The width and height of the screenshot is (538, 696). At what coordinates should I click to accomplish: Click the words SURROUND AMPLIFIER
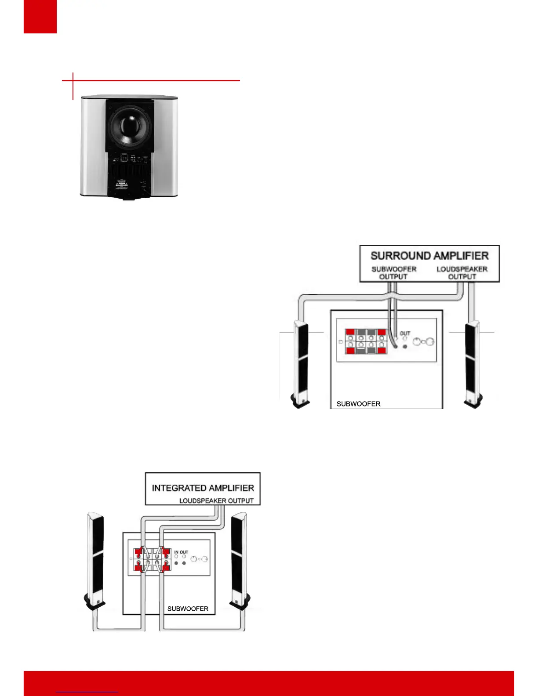pos(429,256)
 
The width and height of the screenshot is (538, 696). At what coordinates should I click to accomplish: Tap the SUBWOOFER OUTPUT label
pos(394,273)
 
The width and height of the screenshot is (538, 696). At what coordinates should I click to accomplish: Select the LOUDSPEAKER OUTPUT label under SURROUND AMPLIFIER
pos(462,273)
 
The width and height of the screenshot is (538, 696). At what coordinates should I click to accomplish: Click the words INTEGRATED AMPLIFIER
pos(203,488)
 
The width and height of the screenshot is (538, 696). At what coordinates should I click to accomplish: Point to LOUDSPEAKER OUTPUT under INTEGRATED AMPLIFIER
pos(216,501)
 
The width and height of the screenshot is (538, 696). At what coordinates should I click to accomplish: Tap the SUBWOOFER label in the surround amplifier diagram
pos(358,404)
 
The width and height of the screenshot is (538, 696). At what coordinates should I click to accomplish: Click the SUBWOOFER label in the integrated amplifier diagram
pos(188,609)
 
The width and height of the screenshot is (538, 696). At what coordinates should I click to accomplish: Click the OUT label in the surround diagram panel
pos(405,333)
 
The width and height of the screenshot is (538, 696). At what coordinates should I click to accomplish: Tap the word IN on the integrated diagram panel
pos(176,552)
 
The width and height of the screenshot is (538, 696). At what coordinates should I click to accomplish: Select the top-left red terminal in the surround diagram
pos(350,332)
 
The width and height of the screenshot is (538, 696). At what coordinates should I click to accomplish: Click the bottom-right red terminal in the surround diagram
pos(382,351)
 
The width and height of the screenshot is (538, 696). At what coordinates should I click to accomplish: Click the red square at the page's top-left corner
pos(40,16)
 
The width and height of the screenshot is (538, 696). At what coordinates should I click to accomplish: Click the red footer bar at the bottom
pos(269,683)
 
